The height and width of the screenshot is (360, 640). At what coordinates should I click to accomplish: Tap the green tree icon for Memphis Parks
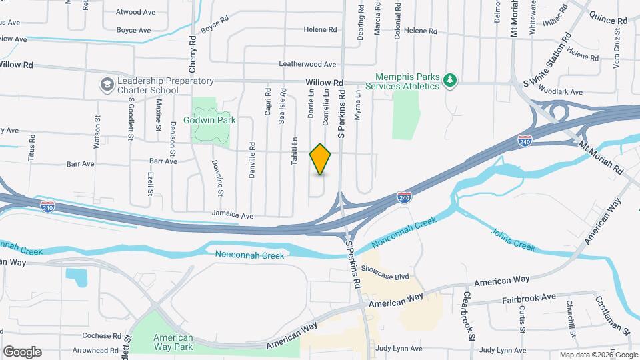click(451, 81)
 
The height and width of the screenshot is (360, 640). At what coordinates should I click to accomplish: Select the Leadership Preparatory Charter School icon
click(107, 85)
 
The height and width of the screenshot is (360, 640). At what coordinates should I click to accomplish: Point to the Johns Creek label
click(513, 239)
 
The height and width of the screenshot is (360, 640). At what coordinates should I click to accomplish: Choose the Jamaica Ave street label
click(233, 215)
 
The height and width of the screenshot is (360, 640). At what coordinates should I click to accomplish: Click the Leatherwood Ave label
click(307, 64)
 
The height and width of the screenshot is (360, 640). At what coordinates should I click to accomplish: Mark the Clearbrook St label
click(468, 316)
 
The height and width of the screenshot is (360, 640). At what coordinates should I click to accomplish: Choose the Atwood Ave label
click(135, 12)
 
